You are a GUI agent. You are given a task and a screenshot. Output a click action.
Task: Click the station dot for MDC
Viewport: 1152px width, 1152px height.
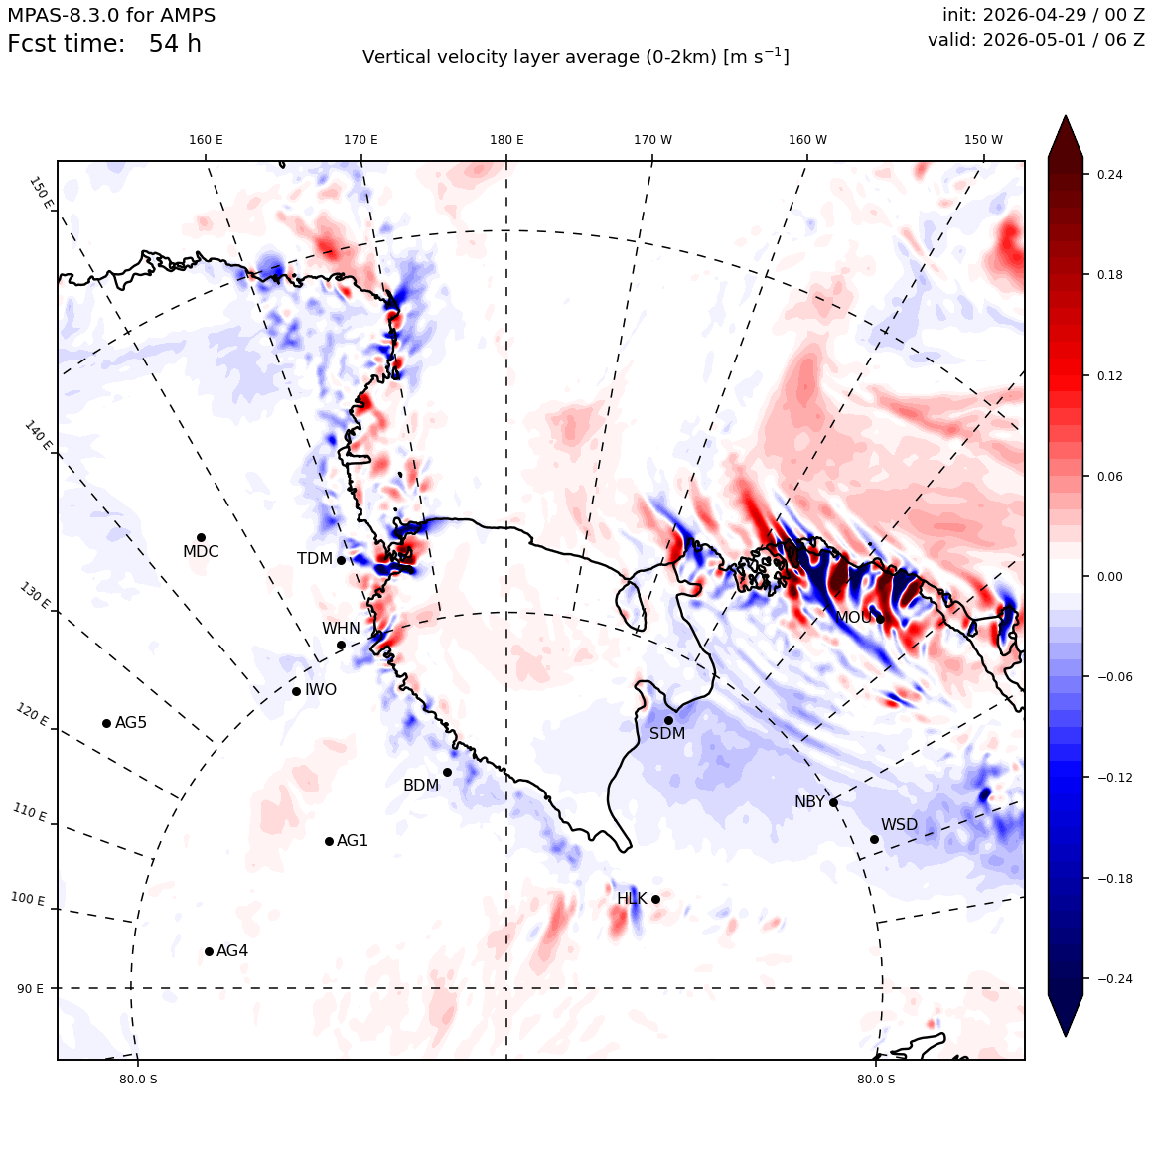click(x=201, y=538)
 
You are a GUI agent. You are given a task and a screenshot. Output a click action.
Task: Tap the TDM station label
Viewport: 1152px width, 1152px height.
click(x=315, y=559)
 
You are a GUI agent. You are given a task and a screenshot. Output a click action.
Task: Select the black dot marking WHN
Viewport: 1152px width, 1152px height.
click(x=341, y=646)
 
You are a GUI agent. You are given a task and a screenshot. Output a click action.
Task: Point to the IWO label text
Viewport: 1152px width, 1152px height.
click(x=321, y=690)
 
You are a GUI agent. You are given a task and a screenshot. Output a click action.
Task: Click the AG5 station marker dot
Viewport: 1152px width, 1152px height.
click(x=106, y=723)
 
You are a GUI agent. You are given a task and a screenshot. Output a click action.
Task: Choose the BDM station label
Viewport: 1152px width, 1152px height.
click(x=421, y=786)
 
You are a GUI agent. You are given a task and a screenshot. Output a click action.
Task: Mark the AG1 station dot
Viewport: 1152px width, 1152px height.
click(x=329, y=841)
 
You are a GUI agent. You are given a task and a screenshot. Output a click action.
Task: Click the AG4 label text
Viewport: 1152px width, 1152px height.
click(x=232, y=951)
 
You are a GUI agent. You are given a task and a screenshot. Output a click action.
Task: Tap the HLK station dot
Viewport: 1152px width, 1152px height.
click(x=655, y=899)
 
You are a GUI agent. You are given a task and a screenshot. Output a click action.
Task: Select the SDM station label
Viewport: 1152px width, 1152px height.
click(x=667, y=733)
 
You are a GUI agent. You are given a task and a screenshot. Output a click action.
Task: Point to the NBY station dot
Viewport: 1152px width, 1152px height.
click(x=833, y=803)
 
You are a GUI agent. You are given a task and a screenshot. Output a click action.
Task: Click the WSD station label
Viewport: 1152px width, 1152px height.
click(x=900, y=825)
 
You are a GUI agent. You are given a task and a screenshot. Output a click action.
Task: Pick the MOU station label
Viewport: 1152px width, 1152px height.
click(x=854, y=617)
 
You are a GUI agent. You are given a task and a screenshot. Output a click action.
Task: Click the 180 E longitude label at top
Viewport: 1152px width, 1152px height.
click(x=506, y=140)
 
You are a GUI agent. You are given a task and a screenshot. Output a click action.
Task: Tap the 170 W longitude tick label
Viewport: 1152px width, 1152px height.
click(x=653, y=140)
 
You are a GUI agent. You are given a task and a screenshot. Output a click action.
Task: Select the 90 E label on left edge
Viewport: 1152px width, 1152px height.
click(x=30, y=988)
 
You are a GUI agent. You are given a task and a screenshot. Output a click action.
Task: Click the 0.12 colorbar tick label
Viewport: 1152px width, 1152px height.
click(x=1109, y=375)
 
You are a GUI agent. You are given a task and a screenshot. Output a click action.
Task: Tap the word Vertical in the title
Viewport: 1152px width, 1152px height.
click(x=391, y=57)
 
